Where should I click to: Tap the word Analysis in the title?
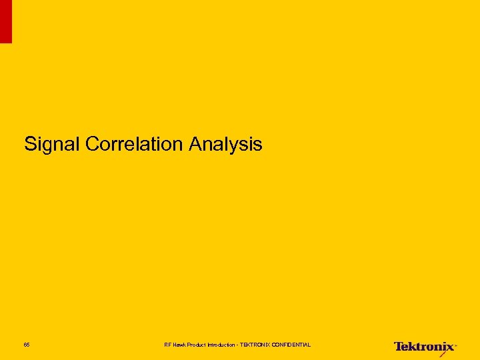coord(225,144)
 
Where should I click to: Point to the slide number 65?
coord(27,345)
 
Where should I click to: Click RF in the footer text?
coord(167,345)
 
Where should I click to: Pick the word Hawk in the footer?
coord(179,345)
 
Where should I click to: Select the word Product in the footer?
coord(197,345)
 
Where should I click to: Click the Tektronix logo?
coord(425,347)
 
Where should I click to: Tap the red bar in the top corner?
coord(5,21)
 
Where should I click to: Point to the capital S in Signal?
coord(30,144)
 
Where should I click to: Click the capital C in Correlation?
coord(93,144)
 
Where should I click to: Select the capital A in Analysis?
coord(195,144)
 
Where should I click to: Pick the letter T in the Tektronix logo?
coord(398,346)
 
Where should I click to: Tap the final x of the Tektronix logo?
coord(450,347)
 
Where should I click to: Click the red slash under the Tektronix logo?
coord(443,354)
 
